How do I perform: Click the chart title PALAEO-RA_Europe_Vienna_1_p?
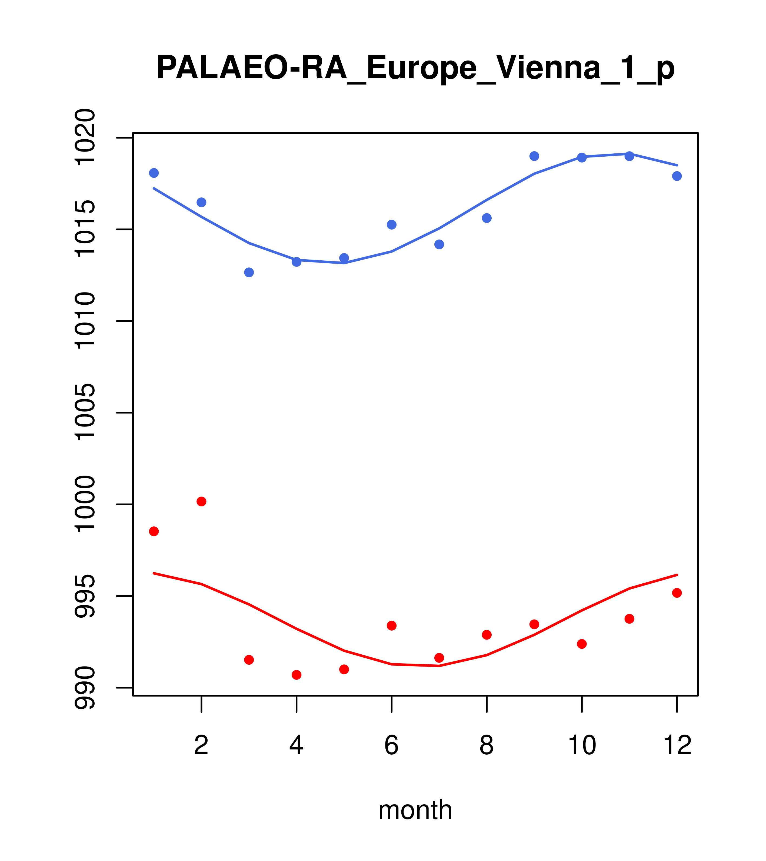(x=415, y=68)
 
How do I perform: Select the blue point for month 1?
(x=154, y=173)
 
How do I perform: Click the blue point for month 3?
(x=249, y=273)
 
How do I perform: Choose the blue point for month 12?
(x=677, y=176)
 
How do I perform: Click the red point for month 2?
(x=202, y=501)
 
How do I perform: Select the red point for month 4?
(x=297, y=675)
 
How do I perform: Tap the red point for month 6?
(x=392, y=625)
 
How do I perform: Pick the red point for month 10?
(x=582, y=644)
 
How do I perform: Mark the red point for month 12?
(x=677, y=593)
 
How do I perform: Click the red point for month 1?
(x=154, y=531)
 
